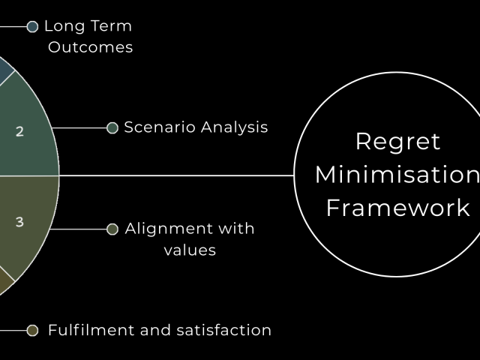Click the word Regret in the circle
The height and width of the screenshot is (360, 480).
tap(397, 142)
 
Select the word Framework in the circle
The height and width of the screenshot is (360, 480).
tap(397, 208)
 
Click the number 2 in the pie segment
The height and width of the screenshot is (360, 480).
tap(19, 131)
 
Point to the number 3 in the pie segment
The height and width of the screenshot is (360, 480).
tap(19, 222)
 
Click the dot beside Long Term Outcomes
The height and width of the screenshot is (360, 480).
tap(32, 27)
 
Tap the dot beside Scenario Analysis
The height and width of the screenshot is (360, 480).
tap(112, 128)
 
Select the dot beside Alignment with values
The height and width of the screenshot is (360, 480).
tap(112, 229)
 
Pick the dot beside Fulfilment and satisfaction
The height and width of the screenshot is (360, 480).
tap(32, 330)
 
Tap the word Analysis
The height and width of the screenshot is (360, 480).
tap(232, 127)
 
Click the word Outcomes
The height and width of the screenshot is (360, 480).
tap(90, 47)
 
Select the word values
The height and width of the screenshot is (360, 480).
tap(190, 250)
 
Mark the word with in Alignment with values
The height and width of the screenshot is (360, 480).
tap(236, 229)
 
